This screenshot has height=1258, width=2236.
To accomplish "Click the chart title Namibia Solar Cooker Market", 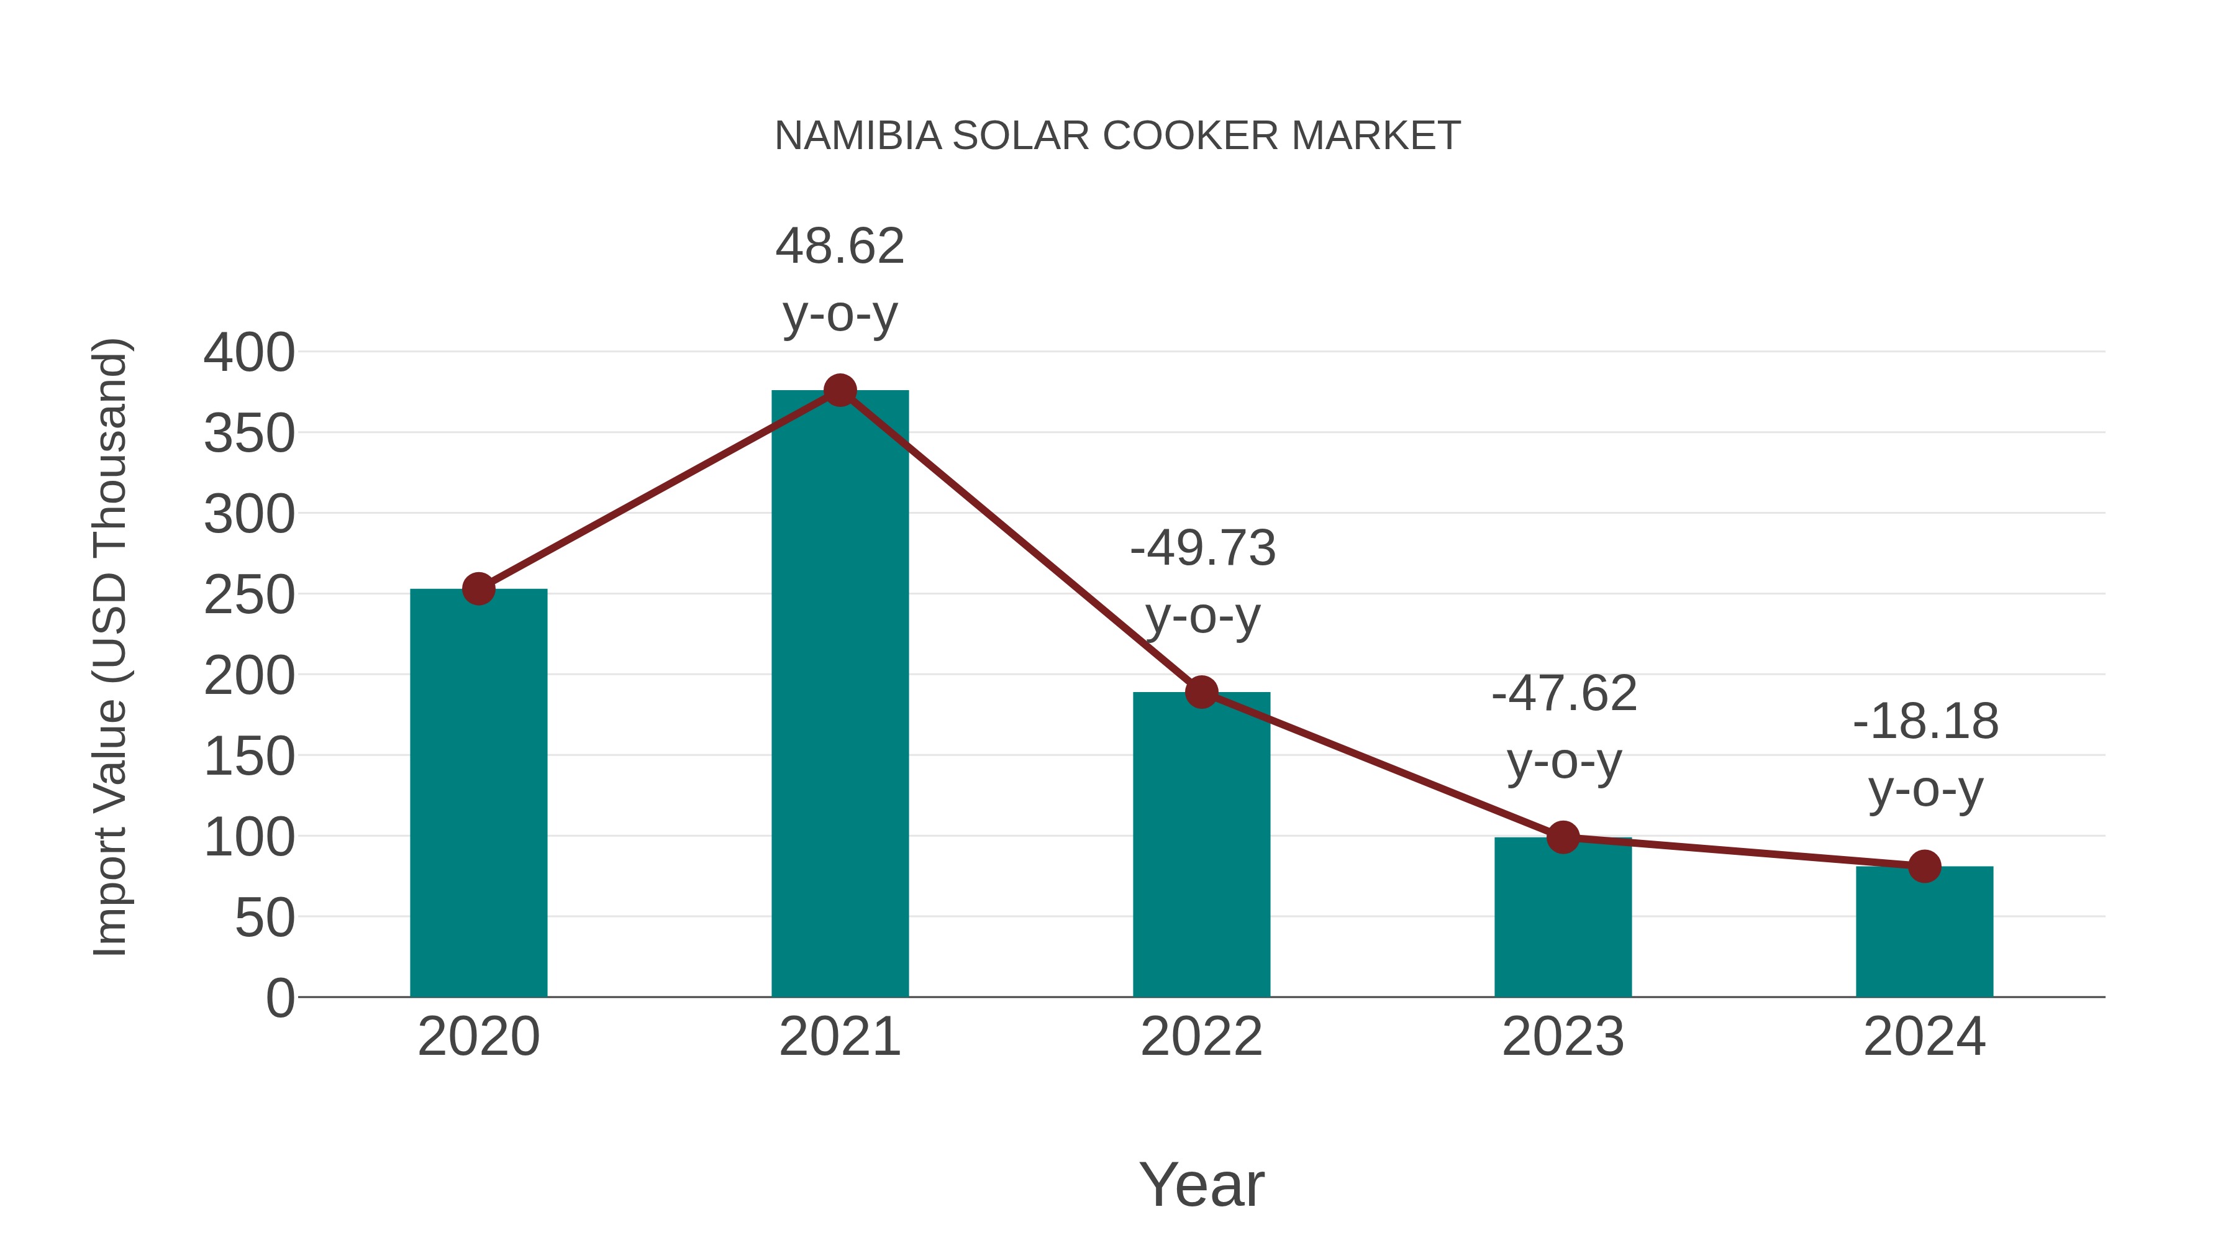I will pyautogui.click(x=1117, y=136).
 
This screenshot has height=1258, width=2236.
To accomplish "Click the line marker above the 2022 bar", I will pyautogui.click(x=1201, y=692).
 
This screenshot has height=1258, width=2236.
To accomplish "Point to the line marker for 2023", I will pyautogui.click(x=1563, y=838).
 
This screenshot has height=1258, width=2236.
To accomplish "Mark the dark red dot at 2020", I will pyautogui.click(x=478, y=589).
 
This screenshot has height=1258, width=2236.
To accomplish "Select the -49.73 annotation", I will pyautogui.click(x=1202, y=549).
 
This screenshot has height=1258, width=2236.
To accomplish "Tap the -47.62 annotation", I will pyautogui.click(x=1563, y=695).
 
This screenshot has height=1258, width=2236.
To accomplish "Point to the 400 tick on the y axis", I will pyautogui.click(x=249, y=353).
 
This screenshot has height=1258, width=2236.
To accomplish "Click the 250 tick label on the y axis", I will pyautogui.click(x=249, y=596).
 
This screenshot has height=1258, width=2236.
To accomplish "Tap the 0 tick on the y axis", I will pyautogui.click(x=279, y=998).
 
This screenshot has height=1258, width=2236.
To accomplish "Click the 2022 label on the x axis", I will pyautogui.click(x=1201, y=1037).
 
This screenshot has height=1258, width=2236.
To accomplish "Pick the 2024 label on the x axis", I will pyautogui.click(x=1924, y=1037).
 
